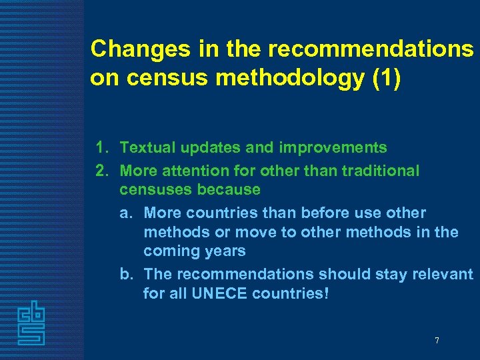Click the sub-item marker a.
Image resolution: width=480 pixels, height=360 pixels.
[x=125, y=213]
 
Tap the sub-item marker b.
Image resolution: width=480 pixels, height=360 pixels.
[x=125, y=274]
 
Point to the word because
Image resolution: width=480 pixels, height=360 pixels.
[x=229, y=189]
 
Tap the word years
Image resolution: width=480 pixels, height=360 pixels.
[x=223, y=251]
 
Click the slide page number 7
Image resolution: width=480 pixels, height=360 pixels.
[x=437, y=341]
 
